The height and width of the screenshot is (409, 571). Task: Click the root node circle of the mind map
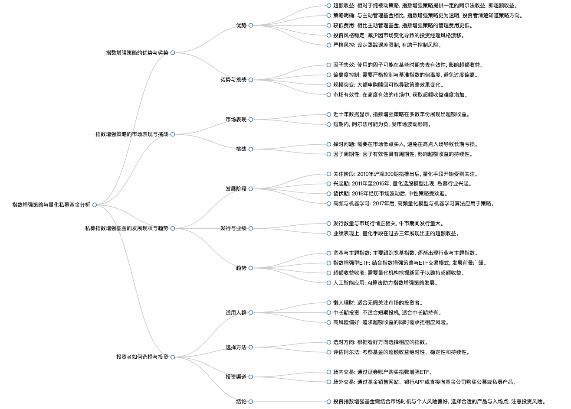95,205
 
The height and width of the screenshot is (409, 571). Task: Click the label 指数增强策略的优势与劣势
137,53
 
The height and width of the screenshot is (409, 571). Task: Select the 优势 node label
241,26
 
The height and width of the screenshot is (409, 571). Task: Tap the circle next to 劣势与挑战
251,80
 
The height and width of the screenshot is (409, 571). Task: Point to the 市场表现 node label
236,120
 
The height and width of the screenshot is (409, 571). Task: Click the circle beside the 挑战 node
251,149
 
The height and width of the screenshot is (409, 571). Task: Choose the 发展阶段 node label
236,189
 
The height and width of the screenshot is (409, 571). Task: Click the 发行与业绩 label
233,228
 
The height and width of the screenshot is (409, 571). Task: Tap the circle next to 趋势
251,268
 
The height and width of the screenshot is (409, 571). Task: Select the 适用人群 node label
236,312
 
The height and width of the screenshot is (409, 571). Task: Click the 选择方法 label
236,347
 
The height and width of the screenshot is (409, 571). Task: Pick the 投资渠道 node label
236,377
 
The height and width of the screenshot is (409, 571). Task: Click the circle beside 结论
251,402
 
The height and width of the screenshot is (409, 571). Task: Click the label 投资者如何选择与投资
142,357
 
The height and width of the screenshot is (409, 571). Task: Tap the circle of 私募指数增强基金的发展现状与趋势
173,228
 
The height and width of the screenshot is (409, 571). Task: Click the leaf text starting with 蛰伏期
391,194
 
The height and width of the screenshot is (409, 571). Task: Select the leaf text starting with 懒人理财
378,303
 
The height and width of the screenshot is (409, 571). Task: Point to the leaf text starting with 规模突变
389,85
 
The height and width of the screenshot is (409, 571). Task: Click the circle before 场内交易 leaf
329,372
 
